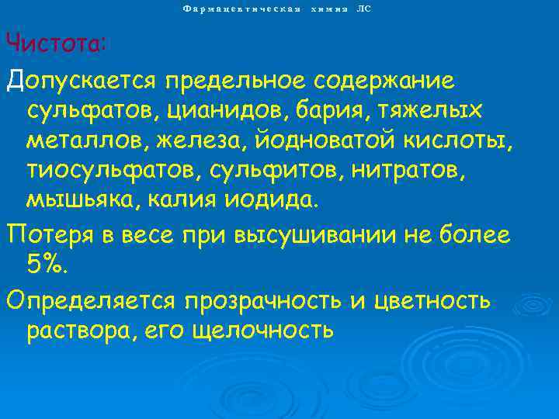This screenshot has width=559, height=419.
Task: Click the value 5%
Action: click(x=47, y=265)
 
